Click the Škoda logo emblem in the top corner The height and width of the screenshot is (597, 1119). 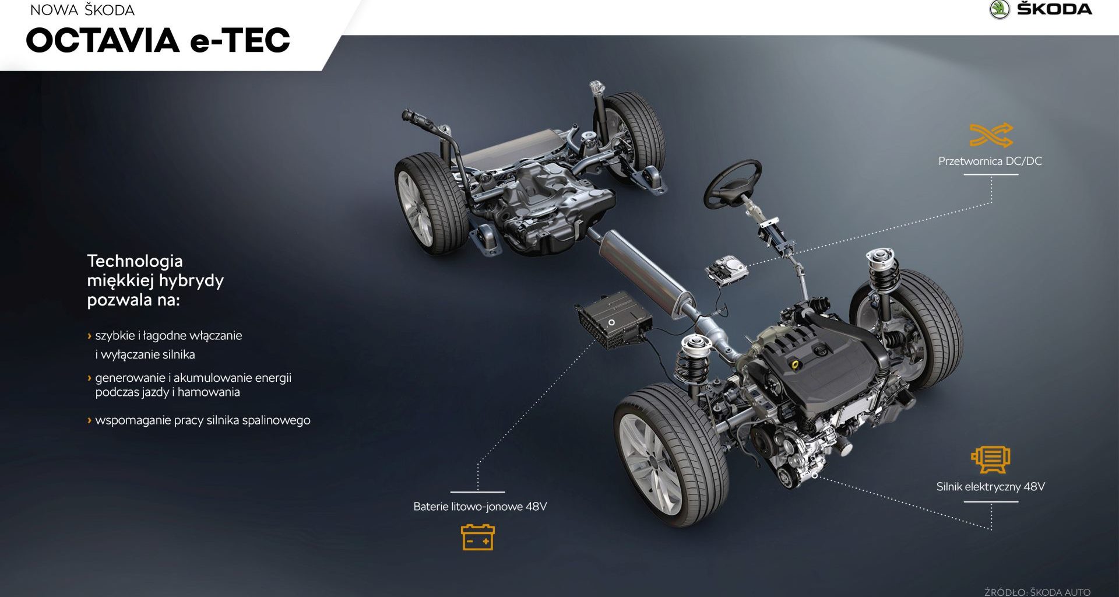[x=999, y=9]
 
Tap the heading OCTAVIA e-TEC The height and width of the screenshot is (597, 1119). [x=158, y=40]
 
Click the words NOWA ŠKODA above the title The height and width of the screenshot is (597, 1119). [x=82, y=10]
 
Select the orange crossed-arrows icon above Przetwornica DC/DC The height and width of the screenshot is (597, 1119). [x=991, y=135]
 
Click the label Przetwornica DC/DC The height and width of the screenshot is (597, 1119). [x=990, y=161]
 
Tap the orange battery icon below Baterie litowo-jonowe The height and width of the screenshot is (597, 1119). [x=478, y=537]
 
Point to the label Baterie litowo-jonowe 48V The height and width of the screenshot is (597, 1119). [x=480, y=507]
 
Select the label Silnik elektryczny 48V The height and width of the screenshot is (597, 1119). [x=991, y=487]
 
